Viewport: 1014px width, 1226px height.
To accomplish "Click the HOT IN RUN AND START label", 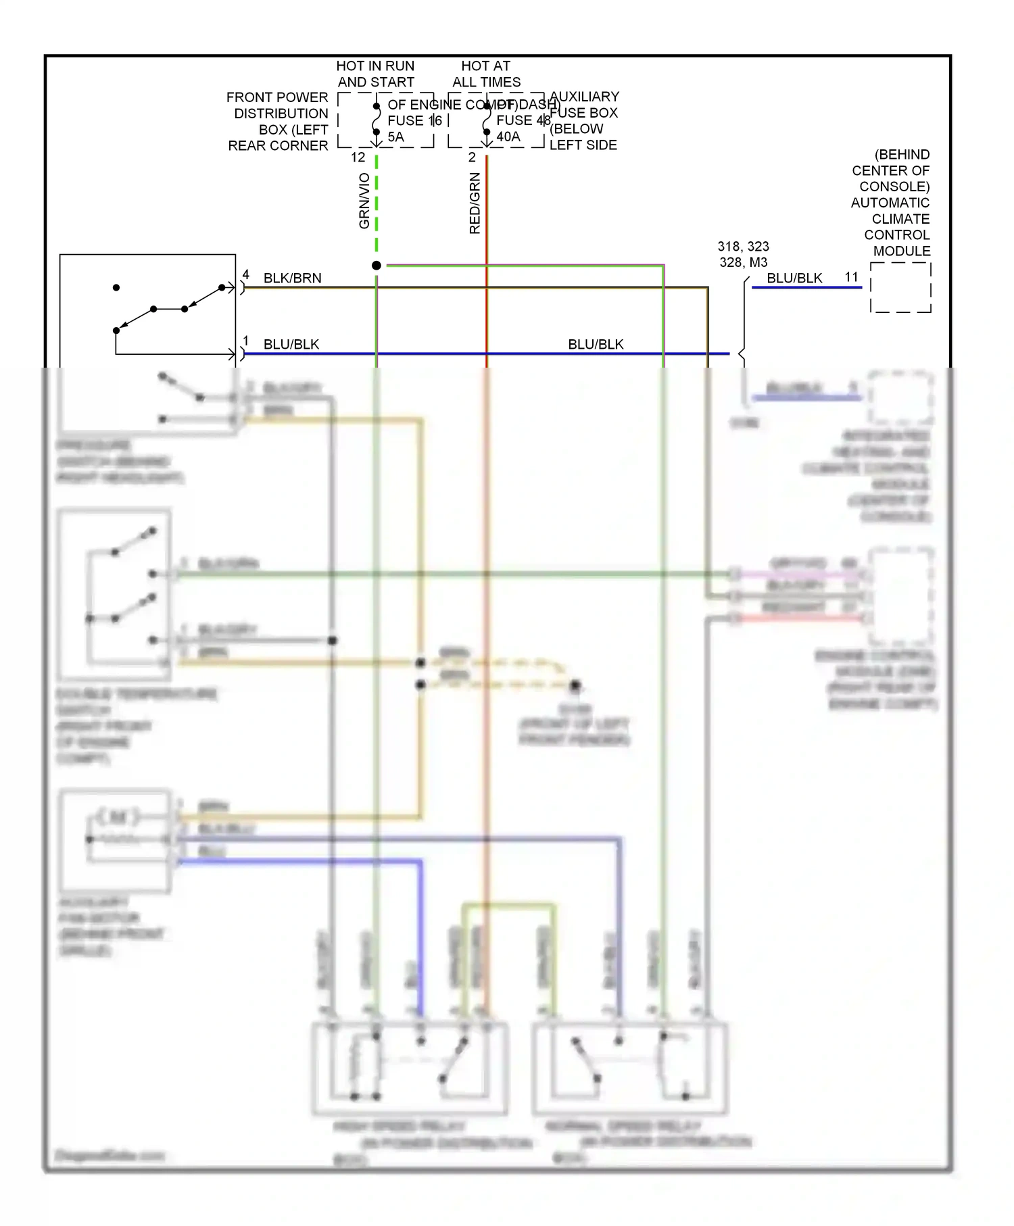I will (x=375, y=74).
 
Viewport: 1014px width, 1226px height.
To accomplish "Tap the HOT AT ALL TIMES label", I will (x=486, y=74).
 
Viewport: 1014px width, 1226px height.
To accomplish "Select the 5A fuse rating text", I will (x=395, y=137).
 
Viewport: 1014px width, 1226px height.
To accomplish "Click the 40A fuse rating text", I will (x=508, y=137).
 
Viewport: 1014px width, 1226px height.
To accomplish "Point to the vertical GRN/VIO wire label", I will (x=364, y=201).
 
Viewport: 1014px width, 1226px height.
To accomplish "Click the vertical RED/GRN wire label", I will (x=475, y=203).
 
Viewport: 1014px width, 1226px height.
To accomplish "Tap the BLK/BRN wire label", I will (x=292, y=278).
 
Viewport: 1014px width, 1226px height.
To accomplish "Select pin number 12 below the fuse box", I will (x=358, y=157).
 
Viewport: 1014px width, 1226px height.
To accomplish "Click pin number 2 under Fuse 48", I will (x=472, y=157).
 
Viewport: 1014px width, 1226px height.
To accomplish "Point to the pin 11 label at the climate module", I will (x=851, y=277).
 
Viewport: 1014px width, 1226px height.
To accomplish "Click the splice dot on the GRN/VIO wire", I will (x=377, y=266).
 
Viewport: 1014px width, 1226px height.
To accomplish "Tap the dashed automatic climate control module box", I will (x=900, y=288).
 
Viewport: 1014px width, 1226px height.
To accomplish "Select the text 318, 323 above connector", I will (x=743, y=247).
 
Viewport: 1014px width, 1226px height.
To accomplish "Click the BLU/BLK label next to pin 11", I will (x=794, y=278).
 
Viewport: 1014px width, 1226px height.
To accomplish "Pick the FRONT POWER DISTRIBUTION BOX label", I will (x=278, y=122).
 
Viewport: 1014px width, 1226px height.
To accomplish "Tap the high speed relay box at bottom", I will (x=410, y=1068).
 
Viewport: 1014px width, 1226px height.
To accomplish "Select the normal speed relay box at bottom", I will (x=630, y=1068).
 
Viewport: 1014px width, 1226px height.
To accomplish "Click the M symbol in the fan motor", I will (x=118, y=817).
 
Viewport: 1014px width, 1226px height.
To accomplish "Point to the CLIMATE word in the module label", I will (x=900, y=219).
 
